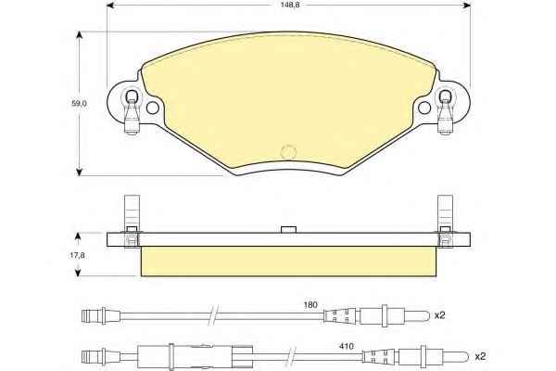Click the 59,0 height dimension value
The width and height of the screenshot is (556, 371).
tap(79, 104)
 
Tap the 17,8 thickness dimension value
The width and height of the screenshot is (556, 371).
tap(78, 255)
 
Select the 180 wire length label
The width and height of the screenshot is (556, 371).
tap(310, 304)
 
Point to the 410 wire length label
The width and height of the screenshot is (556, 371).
tap(346, 346)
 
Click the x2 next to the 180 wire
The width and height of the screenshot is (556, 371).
tap(439, 315)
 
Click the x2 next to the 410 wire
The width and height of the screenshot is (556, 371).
tap(480, 356)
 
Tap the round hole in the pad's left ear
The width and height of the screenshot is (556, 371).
tap(153, 108)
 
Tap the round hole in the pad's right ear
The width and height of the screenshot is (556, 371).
tap(424, 108)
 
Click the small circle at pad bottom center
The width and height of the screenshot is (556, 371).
tap(288, 152)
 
